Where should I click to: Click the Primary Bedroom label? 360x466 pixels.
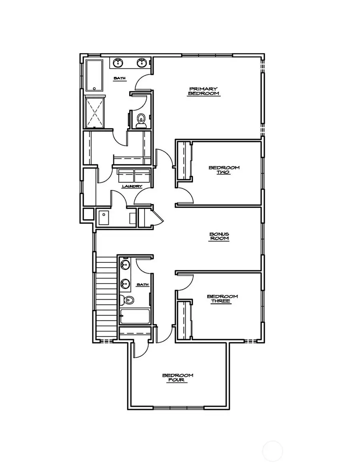click(x=204, y=91)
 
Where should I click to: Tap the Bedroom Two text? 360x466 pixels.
click(x=224, y=170)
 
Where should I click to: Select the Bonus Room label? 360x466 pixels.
click(x=219, y=236)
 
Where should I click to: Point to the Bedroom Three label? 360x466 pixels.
click(x=222, y=298)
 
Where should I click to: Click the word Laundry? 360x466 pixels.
click(x=132, y=186)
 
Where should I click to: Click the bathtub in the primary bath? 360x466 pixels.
click(x=94, y=76)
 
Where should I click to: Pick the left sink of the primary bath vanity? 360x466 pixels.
click(x=118, y=63)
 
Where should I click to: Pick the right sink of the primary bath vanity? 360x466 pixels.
click(x=141, y=63)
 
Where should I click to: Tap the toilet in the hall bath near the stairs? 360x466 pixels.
click(x=127, y=300)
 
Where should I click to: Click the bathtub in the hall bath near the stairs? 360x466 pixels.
click(x=135, y=316)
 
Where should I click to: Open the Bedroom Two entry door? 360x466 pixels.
click(x=185, y=195)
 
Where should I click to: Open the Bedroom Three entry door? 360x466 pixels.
click(x=185, y=282)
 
